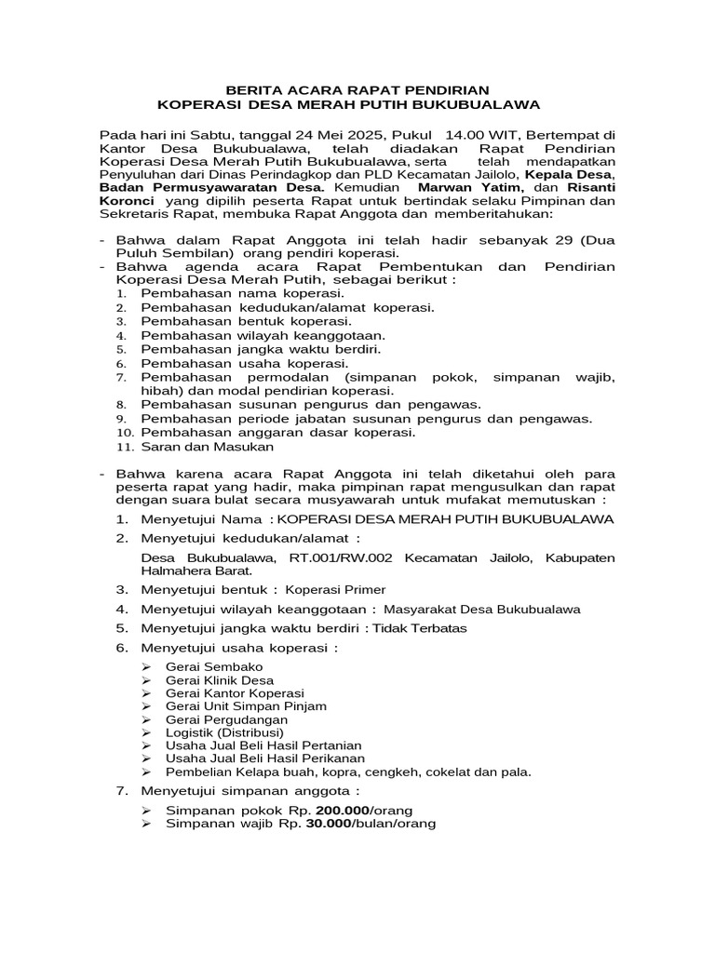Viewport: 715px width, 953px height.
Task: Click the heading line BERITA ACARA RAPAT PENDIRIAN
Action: [x=357, y=90]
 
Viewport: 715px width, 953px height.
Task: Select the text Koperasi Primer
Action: [x=334, y=589]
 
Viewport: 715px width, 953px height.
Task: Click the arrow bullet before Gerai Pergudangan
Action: [x=147, y=719]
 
